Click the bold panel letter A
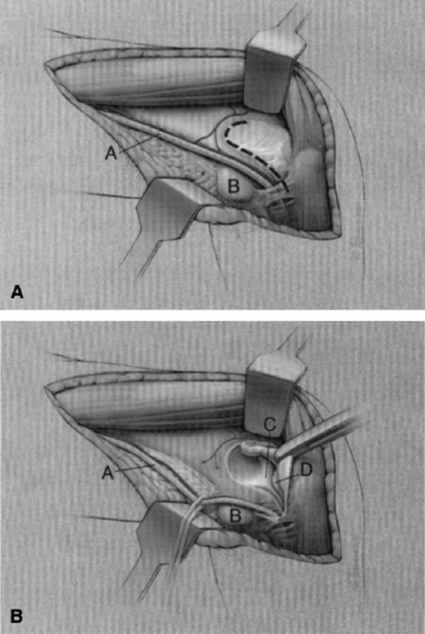[x=17, y=291]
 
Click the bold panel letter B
[x=17, y=617]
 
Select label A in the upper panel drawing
[x=111, y=153]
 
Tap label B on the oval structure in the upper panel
[x=234, y=187]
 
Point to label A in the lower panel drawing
[x=108, y=473]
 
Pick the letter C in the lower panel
[x=270, y=424]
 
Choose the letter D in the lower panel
[x=305, y=470]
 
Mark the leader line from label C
[x=267, y=454]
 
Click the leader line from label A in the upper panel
[x=139, y=143]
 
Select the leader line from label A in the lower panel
[x=134, y=468]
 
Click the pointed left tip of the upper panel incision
[x=45, y=63]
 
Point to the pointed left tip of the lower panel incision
[x=45, y=387]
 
